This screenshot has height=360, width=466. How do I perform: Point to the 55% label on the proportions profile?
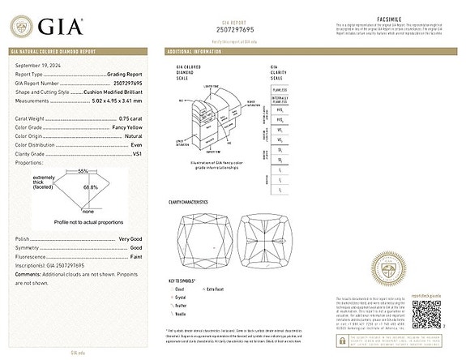click(83, 171)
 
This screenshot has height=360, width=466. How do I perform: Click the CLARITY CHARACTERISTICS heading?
click(189, 201)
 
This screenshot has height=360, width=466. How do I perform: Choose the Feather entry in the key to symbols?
click(180, 304)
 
